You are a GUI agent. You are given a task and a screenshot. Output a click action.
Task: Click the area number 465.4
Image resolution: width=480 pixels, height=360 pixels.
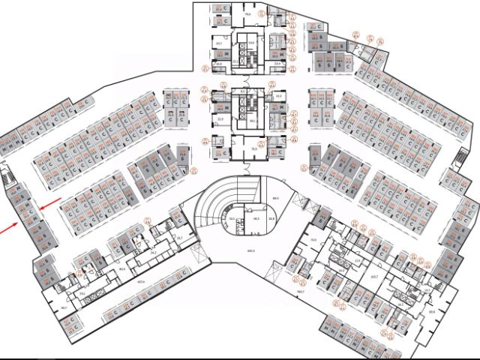(x=139, y=282)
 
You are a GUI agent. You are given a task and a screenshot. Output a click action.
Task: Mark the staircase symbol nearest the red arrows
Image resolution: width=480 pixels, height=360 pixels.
(x=10, y=179)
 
